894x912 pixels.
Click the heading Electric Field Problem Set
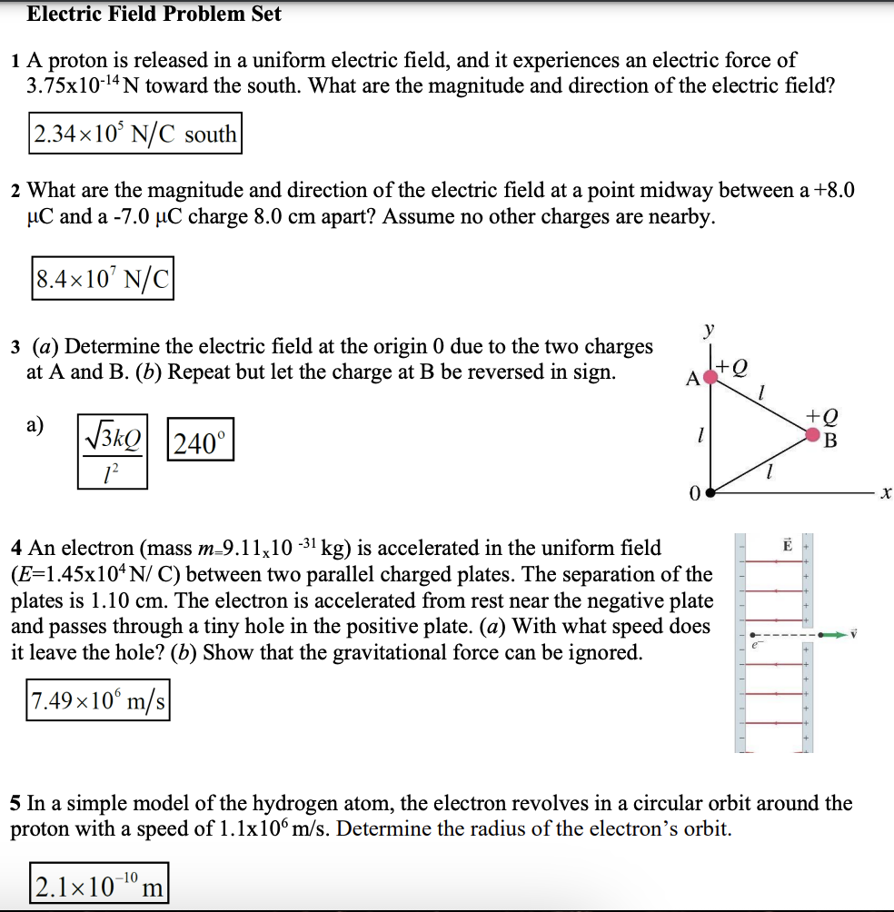154,15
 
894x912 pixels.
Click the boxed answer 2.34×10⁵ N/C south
134,134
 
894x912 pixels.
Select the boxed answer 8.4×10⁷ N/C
102,279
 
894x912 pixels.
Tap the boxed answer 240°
200,444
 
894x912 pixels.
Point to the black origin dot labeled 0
711,495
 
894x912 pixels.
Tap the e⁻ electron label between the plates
752,644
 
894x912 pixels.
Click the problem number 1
16,62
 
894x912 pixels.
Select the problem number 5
16,803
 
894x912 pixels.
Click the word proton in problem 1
77,61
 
